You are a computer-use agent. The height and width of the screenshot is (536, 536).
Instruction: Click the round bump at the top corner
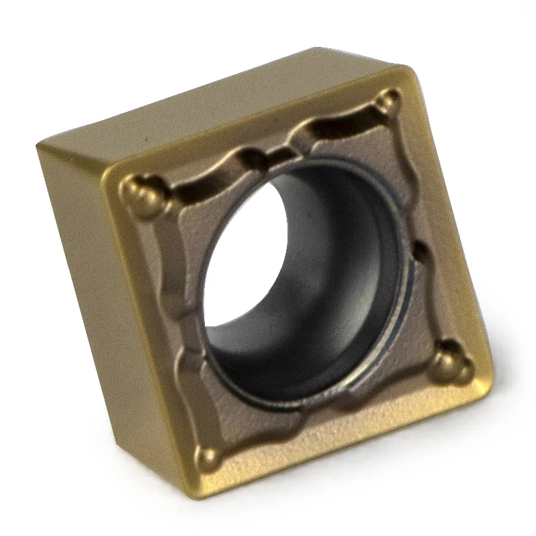(x=387, y=102)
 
